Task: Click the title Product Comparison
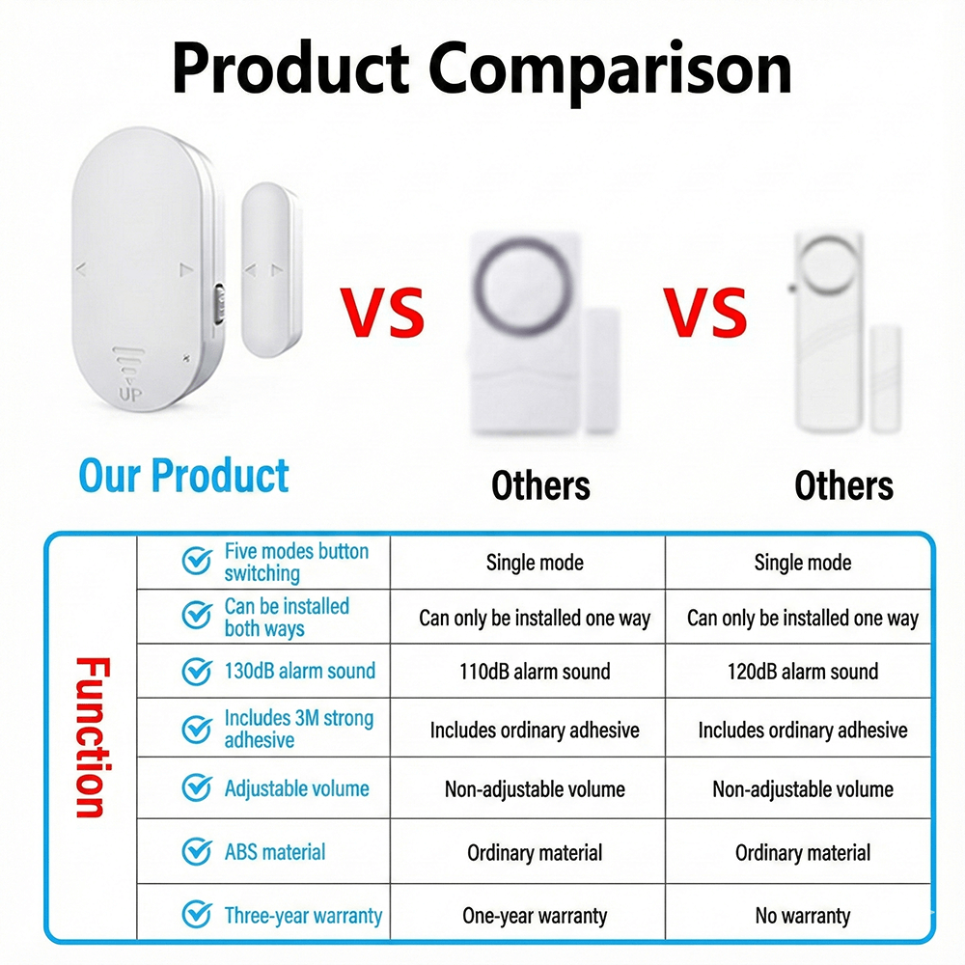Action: pyautogui.click(x=482, y=69)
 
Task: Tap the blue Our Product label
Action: pyautogui.click(x=183, y=476)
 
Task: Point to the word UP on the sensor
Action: pyautogui.click(x=129, y=396)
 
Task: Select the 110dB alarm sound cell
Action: pyautogui.click(x=535, y=672)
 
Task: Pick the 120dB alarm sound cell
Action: pyautogui.click(x=803, y=672)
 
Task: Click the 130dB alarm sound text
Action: pyautogui.click(x=299, y=671)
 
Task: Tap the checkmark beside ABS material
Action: pyautogui.click(x=197, y=852)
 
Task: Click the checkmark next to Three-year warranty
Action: pyautogui.click(x=197, y=914)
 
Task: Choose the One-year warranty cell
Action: pyautogui.click(x=535, y=915)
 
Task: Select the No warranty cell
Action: pyautogui.click(x=803, y=915)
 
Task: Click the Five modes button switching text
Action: pyautogui.click(x=296, y=563)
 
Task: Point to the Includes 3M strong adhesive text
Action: pyautogui.click(x=298, y=729)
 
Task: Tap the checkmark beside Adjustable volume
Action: pyautogui.click(x=197, y=788)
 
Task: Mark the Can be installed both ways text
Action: pyautogui.click(x=287, y=618)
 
